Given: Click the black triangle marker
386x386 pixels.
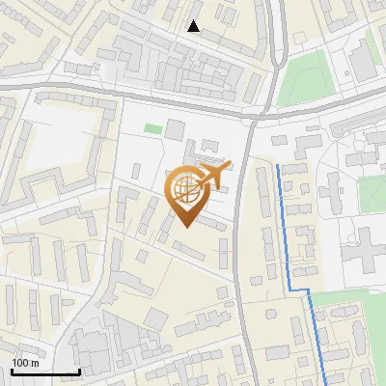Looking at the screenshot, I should (194, 26).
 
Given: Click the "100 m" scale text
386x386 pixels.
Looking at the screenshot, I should (25, 363).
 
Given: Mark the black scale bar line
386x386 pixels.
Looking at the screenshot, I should (45, 372).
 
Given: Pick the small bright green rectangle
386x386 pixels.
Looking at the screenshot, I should (153, 128).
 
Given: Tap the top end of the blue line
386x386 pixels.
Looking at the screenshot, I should (280, 166).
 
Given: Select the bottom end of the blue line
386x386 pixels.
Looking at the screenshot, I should (325, 384).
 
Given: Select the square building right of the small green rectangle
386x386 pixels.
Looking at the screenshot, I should (175, 128).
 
